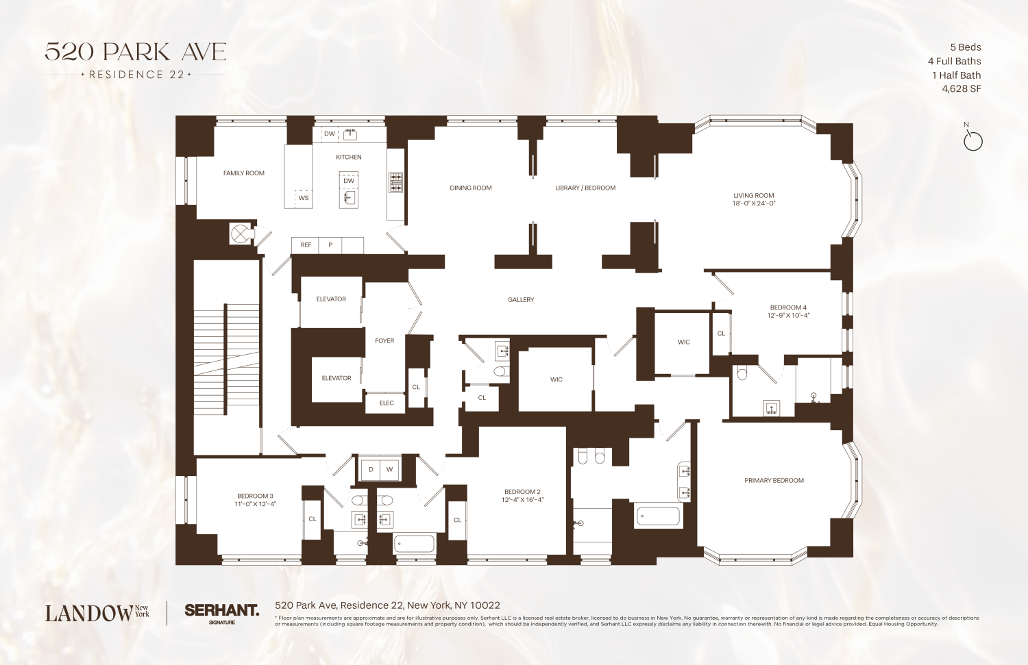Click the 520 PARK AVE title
[x=135, y=52]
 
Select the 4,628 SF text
[x=961, y=89]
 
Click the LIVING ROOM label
[x=753, y=195]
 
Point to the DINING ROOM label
[x=470, y=188]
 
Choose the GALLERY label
[x=521, y=300]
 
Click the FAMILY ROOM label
[x=243, y=173]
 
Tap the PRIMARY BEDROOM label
[x=774, y=481]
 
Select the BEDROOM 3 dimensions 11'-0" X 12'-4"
[x=255, y=504]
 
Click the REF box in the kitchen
[x=306, y=245]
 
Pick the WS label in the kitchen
[x=304, y=198]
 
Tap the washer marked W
[x=389, y=470]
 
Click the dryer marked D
[x=371, y=470]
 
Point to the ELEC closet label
[x=387, y=403]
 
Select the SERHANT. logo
[x=221, y=610]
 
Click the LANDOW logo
[x=89, y=613]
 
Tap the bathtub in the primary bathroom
[x=658, y=516]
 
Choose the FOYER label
[x=384, y=341]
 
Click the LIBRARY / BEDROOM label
[x=585, y=188]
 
